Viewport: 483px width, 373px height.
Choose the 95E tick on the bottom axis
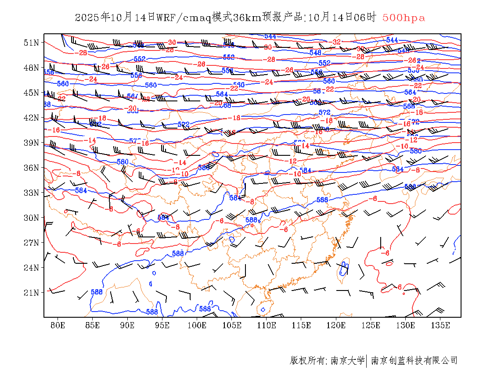click(x=162, y=325)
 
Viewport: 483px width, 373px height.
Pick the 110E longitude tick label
click(x=267, y=325)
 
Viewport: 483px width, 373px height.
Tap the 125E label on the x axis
click(x=371, y=325)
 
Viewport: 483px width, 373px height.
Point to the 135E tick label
click(x=440, y=325)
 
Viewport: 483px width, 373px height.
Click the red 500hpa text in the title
click(x=404, y=18)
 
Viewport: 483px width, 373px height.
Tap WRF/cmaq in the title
click(x=184, y=18)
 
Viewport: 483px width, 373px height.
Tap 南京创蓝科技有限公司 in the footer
click(x=414, y=361)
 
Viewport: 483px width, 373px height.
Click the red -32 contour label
click(x=337, y=42)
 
